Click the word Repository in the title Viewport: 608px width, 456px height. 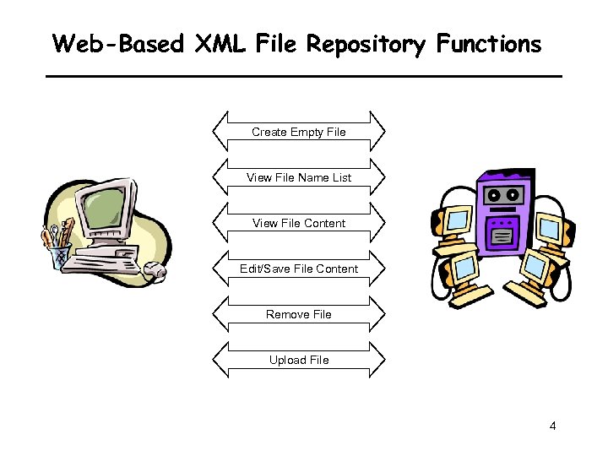point(366,44)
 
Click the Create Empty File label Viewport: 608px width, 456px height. point(299,132)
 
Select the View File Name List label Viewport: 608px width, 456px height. point(299,177)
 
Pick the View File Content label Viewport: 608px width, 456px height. point(299,223)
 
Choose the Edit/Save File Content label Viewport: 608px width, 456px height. point(299,269)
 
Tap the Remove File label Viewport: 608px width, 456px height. point(299,314)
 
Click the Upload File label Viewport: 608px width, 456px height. point(299,360)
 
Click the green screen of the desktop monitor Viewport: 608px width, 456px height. point(105,207)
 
